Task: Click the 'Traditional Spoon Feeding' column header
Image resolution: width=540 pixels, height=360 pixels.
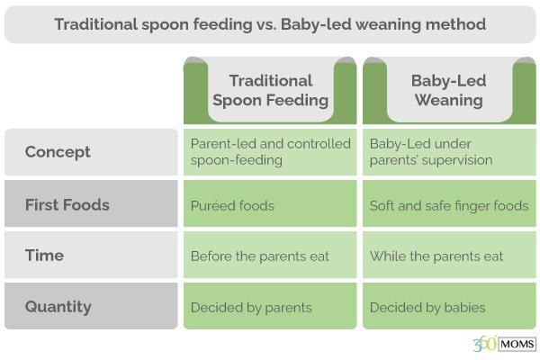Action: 270,91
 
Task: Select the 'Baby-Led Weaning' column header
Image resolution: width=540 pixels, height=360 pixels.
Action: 449,91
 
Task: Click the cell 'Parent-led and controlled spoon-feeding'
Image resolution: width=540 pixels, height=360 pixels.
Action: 270,152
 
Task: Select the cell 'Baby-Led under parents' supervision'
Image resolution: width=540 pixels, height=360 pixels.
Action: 449,152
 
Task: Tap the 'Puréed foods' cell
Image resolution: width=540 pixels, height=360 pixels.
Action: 270,203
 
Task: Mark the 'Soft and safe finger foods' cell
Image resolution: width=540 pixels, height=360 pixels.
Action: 449,203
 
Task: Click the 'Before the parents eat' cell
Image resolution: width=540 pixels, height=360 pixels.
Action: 270,255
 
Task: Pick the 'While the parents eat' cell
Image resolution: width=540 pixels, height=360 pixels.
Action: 449,255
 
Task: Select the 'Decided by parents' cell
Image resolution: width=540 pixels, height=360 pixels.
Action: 270,306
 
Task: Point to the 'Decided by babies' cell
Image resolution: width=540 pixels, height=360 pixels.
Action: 449,306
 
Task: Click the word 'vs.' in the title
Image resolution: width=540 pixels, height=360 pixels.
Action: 266,25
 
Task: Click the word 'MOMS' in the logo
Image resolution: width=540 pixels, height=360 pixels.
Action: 517,344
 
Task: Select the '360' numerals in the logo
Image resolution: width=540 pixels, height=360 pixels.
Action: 484,344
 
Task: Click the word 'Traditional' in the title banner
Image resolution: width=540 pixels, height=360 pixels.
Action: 96,24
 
